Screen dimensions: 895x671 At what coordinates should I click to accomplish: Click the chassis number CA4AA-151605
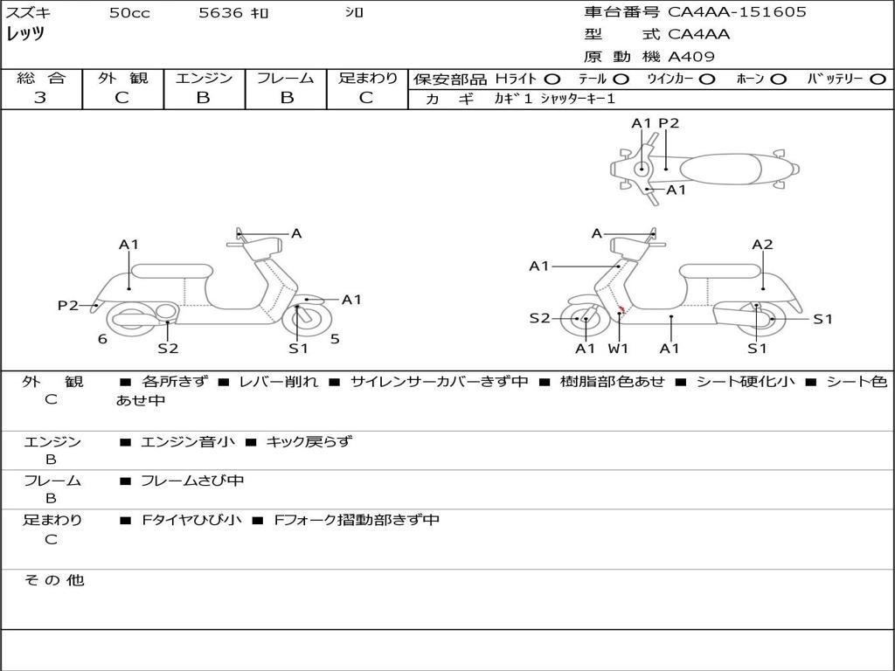tap(737, 12)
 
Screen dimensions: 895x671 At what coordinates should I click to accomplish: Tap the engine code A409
tap(691, 57)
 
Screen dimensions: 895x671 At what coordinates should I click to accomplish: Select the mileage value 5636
tap(220, 12)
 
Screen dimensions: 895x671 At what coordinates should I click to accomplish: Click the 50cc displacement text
tap(129, 12)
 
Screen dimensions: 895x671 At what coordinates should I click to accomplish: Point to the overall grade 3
tap(40, 98)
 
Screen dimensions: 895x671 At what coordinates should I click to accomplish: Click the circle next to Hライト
tap(552, 80)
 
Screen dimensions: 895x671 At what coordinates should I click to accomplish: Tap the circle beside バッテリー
tap(878, 80)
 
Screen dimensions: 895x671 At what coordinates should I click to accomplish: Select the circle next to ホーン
tap(778, 80)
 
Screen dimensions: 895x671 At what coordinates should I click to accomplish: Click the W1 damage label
tap(618, 348)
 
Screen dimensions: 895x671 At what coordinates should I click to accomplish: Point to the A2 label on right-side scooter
tap(762, 245)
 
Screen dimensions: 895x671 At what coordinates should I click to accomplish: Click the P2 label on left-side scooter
tap(68, 306)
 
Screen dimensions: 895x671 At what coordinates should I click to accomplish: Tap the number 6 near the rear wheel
tap(102, 339)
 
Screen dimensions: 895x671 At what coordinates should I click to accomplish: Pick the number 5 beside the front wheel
tap(335, 339)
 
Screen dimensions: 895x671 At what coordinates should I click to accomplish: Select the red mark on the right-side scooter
tap(622, 310)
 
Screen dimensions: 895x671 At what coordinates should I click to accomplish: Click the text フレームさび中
tap(192, 481)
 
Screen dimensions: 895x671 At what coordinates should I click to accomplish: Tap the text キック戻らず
tap(309, 441)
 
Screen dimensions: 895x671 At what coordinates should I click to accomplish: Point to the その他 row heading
tap(54, 580)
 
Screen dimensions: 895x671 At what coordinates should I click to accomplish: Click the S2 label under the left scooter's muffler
tap(168, 348)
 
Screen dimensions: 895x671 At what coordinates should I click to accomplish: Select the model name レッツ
tap(25, 34)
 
